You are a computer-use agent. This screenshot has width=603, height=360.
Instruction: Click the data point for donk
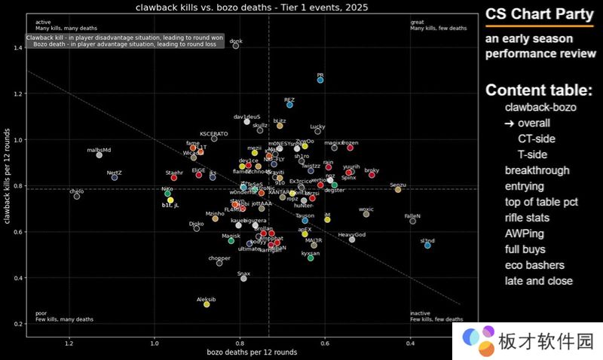236,46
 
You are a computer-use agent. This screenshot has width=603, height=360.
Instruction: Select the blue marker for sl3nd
427,246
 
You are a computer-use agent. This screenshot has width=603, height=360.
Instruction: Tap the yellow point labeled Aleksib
207,304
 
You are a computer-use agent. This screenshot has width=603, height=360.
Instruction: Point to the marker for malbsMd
99,154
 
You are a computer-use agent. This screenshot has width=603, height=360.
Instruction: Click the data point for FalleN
412,221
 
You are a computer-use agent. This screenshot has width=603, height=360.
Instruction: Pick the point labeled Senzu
398,190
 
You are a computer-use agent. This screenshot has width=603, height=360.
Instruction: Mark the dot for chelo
77,197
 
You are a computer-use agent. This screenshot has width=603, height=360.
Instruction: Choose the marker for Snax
243,279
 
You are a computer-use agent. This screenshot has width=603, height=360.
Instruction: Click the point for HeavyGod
352,239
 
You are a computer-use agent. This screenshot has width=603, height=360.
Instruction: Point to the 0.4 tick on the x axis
410,343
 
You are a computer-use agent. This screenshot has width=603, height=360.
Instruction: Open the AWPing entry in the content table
524,233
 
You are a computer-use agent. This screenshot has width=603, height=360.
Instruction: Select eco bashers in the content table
534,265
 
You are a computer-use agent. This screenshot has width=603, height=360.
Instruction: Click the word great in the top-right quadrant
417,22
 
